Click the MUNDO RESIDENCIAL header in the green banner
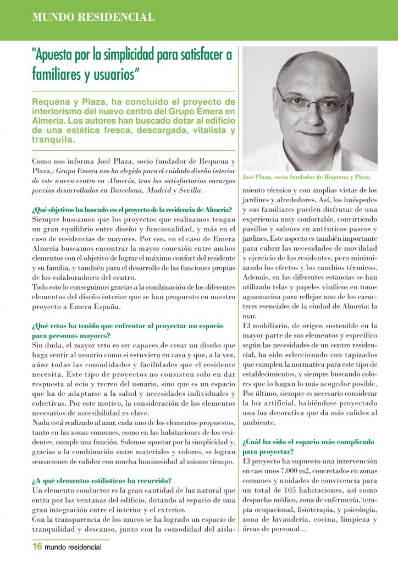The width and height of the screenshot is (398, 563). click(x=93, y=17)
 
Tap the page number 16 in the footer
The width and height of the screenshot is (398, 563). click(x=37, y=547)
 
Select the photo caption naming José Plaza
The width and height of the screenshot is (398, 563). click(x=306, y=177)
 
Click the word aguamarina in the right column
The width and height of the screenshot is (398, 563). click(x=264, y=297)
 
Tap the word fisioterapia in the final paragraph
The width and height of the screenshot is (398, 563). click(x=297, y=509)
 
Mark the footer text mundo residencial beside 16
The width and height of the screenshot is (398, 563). click(x=73, y=547)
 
